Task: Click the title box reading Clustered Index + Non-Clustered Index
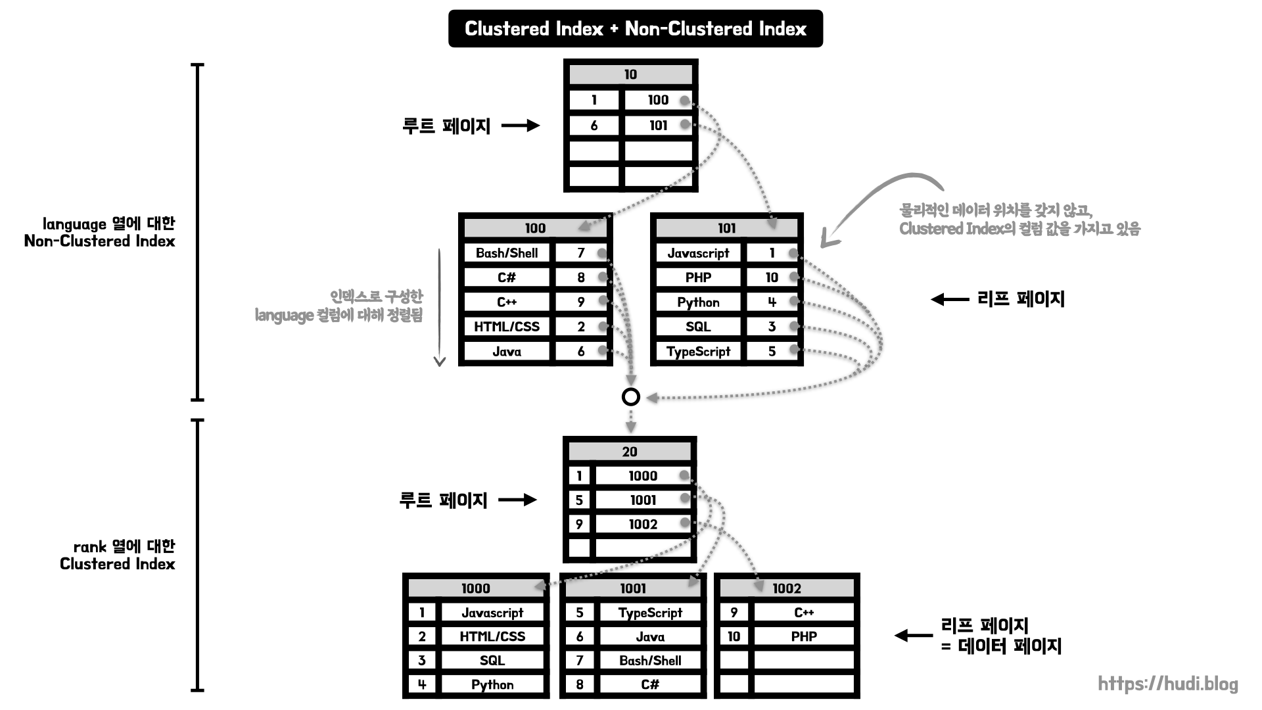pyautogui.click(x=635, y=29)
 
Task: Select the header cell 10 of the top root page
pyautogui.click(x=630, y=74)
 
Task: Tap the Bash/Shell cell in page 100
pyautogui.click(x=506, y=253)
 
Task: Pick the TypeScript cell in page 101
pyautogui.click(x=698, y=352)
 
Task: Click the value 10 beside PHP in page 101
pyautogui.click(x=772, y=277)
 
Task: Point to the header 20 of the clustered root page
pyautogui.click(x=629, y=452)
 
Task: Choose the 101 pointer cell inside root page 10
pyautogui.click(x=657, y=126)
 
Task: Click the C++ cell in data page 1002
pyautogui.click(x=803, y=613)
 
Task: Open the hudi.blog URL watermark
pyautogui.click(x=1167, y=684)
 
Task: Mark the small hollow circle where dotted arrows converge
pyautogui.click(x=630, y=397)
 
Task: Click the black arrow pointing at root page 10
pyautogui.click(x=521, y=126)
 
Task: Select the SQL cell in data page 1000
pyautogui.click(x=492, y=661)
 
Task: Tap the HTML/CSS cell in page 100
pyautogui.click(x=506, y=327)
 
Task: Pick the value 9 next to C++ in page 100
pyautogui.click(x=580, y=302)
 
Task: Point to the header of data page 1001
pyautogui.click(x=632, y=588)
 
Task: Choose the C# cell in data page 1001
pyautogui.click(x=649, y=685)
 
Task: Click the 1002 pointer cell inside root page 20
pyautogui.click(x=642, y=525)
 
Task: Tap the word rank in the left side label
pyautogui.click(x=89, y=547)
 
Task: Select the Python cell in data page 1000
pyautogui.click(x=492, y=685)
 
